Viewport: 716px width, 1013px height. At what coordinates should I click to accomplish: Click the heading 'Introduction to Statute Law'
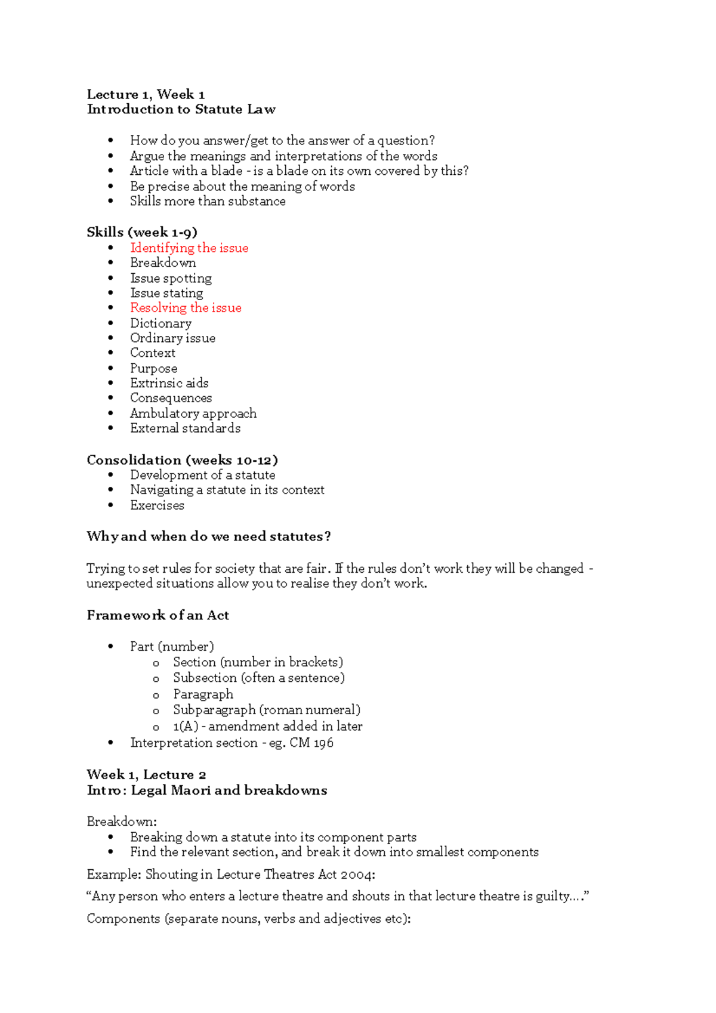coord(181,109)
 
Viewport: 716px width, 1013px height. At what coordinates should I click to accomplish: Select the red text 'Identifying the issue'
coord(189,248)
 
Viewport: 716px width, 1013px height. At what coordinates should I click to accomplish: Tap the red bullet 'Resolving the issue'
coord(186,308)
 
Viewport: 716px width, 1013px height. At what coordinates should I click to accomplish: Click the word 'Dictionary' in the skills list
coord(161,323)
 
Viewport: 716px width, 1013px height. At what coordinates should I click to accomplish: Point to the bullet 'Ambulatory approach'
coord(193,413)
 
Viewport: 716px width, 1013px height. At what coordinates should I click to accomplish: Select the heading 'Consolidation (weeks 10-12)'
coord(182,460)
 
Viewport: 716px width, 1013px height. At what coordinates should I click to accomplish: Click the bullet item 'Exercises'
coord(157,505)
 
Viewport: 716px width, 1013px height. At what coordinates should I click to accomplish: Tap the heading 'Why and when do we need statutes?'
coord(208,536)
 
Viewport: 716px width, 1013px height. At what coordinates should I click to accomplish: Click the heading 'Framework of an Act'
coord(158,615)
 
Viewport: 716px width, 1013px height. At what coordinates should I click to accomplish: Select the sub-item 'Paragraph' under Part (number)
coord(203,694)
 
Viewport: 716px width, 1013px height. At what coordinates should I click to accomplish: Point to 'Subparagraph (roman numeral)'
coord(267,710)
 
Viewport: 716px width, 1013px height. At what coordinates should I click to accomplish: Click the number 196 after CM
coord(323,743)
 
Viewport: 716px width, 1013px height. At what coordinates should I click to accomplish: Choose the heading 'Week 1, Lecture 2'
coord(146,775)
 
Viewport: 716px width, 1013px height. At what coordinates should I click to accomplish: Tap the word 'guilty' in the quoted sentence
coord(553,896)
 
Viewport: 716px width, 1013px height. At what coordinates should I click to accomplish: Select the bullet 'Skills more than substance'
coord(208,201)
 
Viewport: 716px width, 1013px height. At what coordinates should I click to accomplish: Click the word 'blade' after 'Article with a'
coord(227,171)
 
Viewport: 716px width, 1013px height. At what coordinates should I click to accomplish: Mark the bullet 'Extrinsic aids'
coord(169,383)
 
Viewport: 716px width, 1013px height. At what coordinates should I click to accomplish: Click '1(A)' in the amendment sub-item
coord(185,727)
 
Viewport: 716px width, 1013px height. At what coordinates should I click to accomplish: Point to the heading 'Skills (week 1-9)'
coord(141,232)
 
